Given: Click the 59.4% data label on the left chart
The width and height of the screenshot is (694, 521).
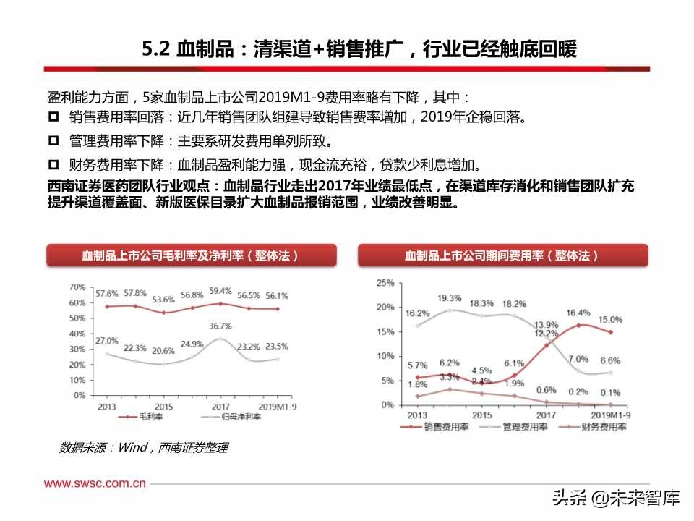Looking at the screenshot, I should pyautogui.click(x=220, y=291).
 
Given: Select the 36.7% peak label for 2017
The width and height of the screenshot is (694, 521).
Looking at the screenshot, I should pyautogui.click(x=220, y=326).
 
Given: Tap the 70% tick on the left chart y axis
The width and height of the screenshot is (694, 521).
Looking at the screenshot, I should pyautogui.click(x=77, y=287).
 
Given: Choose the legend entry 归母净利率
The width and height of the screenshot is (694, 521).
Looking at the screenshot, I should pyautogui.click(x=207, y=418).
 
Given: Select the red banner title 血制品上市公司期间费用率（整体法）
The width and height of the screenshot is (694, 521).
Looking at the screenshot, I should pyautogui.click(x=502, y=255).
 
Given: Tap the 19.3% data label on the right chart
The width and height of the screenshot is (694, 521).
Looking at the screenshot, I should pyautogui.click(x=449, y=297).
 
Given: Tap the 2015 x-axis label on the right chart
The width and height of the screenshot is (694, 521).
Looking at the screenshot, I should pyautogui.click(x=482, y=415).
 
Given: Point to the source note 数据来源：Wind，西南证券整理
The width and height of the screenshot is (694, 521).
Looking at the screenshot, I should pyautogui.click(x=143, y=448).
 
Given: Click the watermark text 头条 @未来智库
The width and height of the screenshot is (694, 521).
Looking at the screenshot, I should pyautogui.click(x=615, y=499).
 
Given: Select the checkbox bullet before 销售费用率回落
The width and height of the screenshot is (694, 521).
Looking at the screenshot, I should pyautogui.click(x=53, y=118).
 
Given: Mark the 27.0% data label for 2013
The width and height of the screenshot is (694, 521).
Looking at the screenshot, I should pyautogui.click(x=107, y=340).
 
